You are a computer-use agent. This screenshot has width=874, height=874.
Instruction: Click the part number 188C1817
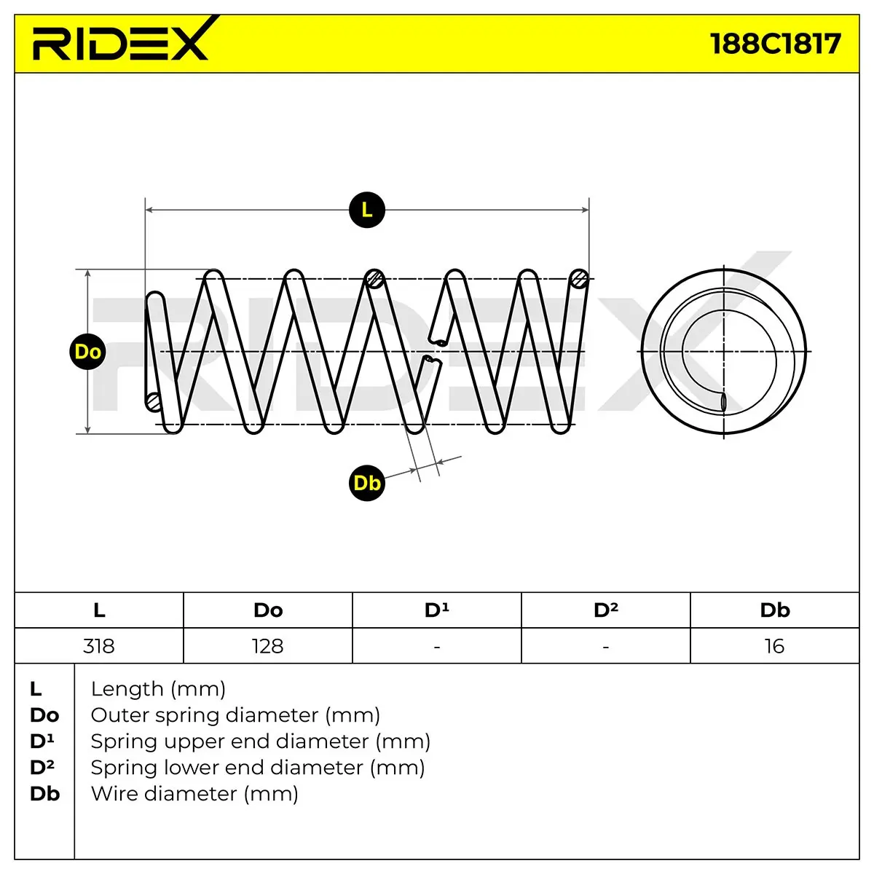776,44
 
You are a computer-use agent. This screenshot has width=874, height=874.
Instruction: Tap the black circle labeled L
367,210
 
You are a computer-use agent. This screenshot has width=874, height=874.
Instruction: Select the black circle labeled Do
87,352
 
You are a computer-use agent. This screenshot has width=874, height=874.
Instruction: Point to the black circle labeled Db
367,483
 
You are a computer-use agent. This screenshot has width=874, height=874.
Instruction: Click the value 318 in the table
99,646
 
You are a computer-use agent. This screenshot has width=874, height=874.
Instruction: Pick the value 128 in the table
267,646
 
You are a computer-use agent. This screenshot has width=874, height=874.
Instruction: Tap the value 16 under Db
774,646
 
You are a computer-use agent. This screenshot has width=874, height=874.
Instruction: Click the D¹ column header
437,610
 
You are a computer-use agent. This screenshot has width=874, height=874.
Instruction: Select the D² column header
606,610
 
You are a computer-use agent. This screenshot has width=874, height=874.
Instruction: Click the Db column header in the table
775,610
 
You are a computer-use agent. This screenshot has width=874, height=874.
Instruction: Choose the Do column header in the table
268,610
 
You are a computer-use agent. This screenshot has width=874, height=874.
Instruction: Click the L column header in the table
99,610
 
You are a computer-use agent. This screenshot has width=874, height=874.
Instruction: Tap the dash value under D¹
437,647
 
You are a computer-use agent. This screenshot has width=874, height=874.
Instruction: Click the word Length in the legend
127,690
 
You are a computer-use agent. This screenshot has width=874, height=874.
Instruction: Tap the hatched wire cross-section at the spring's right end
579,278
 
